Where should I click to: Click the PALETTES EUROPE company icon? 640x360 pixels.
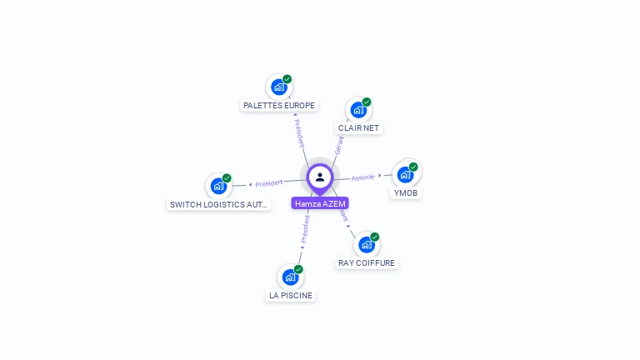pos(278,87)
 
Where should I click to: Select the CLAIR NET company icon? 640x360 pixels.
pos(358,110)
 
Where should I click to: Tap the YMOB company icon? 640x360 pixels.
pos(405,174)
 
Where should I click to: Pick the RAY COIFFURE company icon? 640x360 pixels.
pos(366,244)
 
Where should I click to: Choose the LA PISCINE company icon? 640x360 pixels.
pos(290,277)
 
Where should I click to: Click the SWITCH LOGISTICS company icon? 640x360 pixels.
pos(218,186)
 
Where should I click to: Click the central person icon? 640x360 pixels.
pos(320,177)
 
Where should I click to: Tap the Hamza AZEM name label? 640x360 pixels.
pos(320,203)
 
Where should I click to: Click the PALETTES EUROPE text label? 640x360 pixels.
pos(279,106)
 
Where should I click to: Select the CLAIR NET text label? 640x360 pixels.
pos(358,128)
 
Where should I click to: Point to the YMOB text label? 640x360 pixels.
pos(406,193)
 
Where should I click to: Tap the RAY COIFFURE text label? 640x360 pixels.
pos(367,263)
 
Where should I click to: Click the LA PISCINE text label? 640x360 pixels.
pos(291,296)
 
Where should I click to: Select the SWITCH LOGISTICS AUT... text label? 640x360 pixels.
pos(218,204)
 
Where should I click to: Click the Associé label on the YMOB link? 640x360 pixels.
pos(362,177)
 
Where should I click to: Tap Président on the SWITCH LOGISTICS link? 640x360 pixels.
pos(268,183)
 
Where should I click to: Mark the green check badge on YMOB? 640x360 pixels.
pos(413,167)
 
